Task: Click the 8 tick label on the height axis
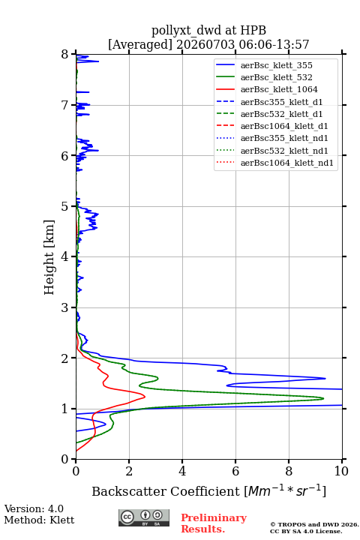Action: point(65,55)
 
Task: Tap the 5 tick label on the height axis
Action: point(65,207)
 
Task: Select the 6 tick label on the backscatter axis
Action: point(235,471)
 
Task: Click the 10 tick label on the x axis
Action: point(341,471)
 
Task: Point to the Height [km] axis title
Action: point(49,257)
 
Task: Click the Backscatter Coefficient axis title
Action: point(208,491)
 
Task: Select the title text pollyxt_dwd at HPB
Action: point(208,30)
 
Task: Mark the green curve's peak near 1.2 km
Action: point(323,398)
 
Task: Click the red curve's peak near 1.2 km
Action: point(145,397)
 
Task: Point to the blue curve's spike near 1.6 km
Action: point(325,379)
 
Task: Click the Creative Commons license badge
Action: point(144,517)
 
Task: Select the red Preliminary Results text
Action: point(214,523)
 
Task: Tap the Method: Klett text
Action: point(39,520)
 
